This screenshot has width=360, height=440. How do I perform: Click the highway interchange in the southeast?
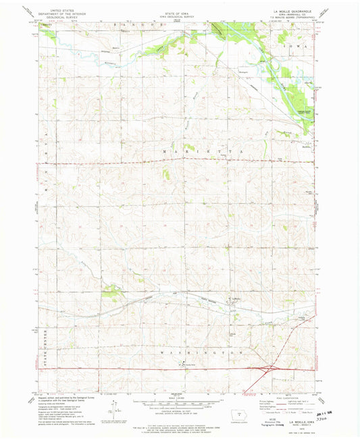pos(265,369)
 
